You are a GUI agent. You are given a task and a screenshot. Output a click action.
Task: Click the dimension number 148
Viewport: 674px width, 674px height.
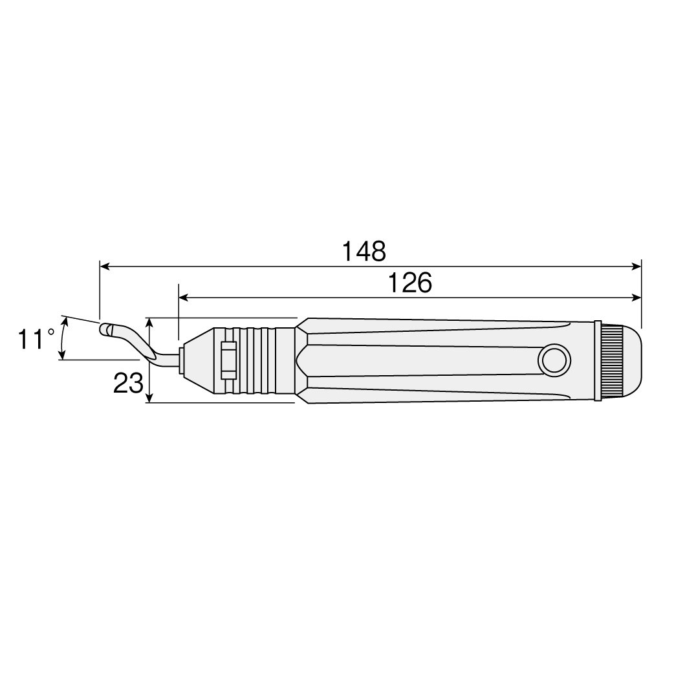pyautogui.click(x=364, y=252)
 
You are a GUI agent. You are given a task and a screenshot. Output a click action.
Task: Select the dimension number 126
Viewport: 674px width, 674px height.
pyautogui.click(x=409, y=283)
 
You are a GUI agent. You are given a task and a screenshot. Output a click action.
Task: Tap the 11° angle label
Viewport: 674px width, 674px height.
pyautogui.click(x=36, y=339)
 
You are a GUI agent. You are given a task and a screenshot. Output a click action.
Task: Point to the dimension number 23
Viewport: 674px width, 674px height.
pyautogui.click(x=127, y=383)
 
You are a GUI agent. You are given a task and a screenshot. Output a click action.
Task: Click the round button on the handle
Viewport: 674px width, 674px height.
pyautogui.click(x=554, y=360)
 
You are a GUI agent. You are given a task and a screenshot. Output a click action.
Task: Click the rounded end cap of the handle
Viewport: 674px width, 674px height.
pyautogui.click(x=632, y=360)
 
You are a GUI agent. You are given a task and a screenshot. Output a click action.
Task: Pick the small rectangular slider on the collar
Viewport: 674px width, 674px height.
pyautogui.click(x=229, y=360)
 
